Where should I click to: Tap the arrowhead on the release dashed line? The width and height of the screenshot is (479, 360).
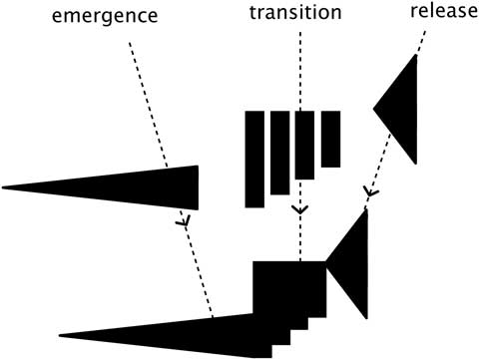[x=367, y=190]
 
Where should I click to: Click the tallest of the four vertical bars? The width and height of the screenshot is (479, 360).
[x=254, y=160]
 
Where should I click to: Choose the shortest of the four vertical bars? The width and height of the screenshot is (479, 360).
[x=330, y=139]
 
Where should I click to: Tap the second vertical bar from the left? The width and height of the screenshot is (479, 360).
[x=279, y=153]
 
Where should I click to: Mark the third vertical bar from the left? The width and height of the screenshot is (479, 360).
[x=305, y=146]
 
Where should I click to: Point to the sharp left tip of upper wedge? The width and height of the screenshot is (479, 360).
[x=6, y=186]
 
